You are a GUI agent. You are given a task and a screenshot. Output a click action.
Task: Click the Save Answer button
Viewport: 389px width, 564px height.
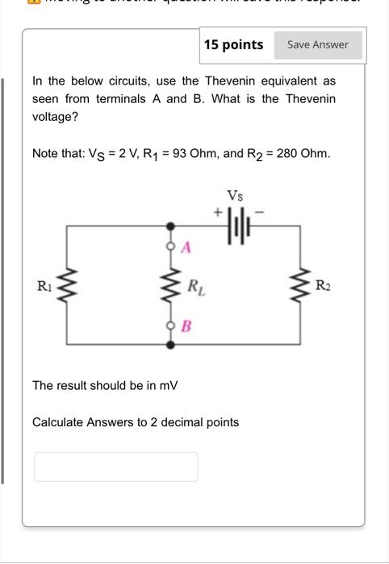[318, 45]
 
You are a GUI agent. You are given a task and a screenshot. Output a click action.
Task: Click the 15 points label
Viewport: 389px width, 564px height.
[233, 45]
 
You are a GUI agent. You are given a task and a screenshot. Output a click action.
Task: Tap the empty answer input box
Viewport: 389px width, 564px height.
[115, 467]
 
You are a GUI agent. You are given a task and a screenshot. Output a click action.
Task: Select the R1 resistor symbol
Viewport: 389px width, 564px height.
[67, 285]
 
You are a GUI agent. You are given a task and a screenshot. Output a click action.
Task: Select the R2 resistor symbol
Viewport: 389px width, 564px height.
[302, 285]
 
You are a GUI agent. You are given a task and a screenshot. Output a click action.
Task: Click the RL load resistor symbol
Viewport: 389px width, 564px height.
[171, 285]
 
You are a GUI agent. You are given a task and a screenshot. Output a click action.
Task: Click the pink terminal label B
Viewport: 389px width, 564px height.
[186, 326]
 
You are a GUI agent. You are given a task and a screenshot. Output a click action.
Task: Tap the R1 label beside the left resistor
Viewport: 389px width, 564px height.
[44, 285]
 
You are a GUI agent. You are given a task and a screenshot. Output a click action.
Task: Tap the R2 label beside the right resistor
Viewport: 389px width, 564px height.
[323, 285]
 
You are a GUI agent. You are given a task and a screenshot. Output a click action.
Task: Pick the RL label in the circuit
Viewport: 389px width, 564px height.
[194, 285]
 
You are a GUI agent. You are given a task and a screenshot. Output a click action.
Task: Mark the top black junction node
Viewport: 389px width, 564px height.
[171, 228]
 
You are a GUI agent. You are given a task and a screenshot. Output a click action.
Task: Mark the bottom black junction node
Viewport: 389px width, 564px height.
[171, 344]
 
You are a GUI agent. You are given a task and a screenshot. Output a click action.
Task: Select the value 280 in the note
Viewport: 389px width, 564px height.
[287, 153]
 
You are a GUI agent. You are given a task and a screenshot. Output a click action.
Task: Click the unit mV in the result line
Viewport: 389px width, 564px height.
[168, 386]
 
